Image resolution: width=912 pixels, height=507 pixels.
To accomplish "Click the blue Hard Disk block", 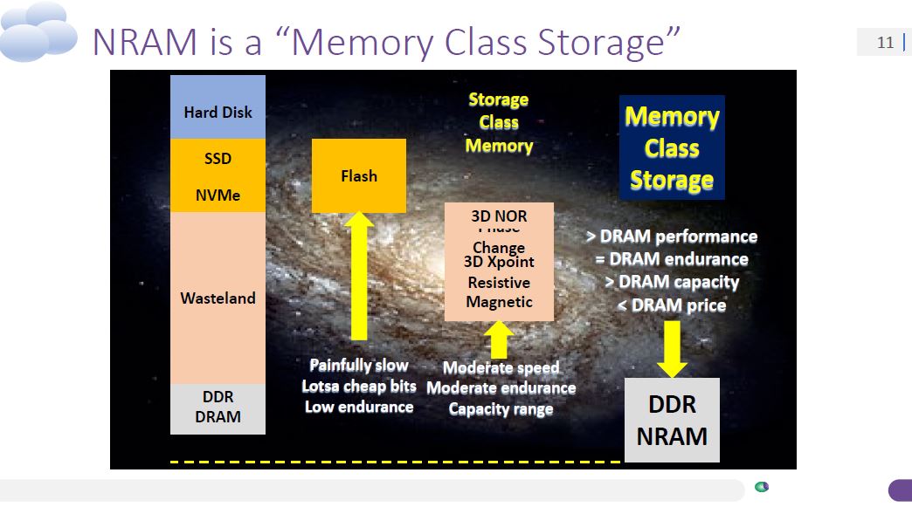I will coord(218,107).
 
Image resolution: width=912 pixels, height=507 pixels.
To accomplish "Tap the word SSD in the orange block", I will coord(218,158).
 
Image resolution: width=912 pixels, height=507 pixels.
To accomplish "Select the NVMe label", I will coord(218,195).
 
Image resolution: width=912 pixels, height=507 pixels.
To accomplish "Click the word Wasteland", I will coord(218,298).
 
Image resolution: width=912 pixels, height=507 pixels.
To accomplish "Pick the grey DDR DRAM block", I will coord(218,407).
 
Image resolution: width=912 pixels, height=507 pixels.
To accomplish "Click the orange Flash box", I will coord(359,175).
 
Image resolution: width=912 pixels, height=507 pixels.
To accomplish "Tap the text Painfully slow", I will coord(359,366).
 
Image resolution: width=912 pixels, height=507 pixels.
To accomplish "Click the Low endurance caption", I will coord(359,407).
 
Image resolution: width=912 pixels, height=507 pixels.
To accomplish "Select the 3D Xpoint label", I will coord(499,262).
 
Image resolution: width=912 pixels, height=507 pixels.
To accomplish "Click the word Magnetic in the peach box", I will coord(499,303).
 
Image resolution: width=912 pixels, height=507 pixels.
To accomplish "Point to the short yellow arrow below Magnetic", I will coord(499,339).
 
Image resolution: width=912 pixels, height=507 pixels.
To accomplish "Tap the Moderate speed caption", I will coord(501,368).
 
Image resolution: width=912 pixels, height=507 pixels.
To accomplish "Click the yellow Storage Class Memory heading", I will coord(499,123).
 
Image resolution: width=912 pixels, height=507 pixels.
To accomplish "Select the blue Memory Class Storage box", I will coord(672,147).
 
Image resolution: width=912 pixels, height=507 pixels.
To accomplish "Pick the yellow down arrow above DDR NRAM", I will coord(672,346).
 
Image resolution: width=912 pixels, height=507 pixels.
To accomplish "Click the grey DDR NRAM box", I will coord(672,420).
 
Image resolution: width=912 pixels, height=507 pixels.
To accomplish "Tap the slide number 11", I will coord(885,42).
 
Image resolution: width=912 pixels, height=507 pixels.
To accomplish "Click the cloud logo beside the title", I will coord(39,31).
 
